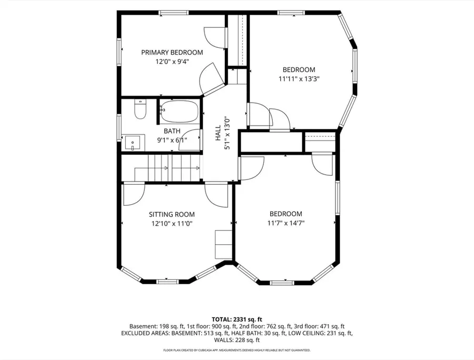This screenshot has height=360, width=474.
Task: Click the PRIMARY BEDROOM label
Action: (172, 53)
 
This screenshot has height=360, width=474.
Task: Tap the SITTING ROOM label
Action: (172, 214)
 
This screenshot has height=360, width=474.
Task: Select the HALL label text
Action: (218, 133)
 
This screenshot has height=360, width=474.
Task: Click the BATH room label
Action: (172, 131)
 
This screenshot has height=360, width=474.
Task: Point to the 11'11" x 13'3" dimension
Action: (299, 79)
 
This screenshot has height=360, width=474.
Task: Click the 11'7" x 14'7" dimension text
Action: (285, 223)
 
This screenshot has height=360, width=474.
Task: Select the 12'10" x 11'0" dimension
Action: (172, 224)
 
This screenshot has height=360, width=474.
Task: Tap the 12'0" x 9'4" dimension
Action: (172, 62)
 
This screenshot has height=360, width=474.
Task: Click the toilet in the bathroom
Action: (140, 109)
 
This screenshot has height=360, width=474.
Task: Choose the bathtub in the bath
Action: (179, 111)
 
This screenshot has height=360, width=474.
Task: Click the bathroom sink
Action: (133, 143)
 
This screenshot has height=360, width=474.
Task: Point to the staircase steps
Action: (167, 168)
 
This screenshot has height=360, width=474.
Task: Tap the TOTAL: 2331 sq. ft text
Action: (236, 319)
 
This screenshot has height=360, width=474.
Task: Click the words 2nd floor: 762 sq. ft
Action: (265, 326)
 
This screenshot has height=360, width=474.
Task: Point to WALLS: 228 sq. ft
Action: (236, 341)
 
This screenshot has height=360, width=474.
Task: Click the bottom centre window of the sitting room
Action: (167, 282)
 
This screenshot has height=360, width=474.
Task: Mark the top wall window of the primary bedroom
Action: (174, 13)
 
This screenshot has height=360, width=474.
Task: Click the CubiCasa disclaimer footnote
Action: (236, 351)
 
